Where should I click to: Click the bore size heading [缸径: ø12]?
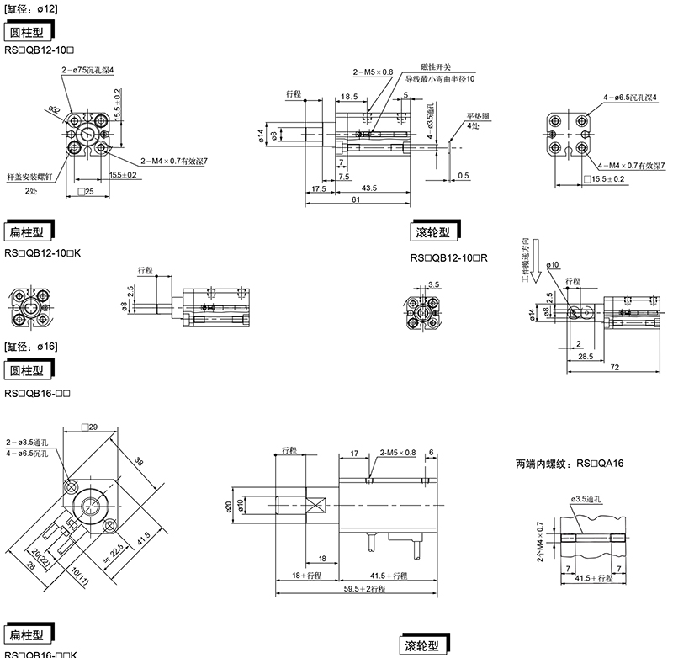click(31, 8)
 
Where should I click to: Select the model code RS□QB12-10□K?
click(42, 252)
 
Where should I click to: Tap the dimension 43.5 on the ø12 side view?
click(368, 188)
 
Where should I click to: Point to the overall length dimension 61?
click(356, 200)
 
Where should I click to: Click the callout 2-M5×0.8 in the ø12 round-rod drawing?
click(374, 73)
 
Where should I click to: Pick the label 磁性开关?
click(436, 66)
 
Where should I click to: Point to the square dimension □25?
click(85, 193)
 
